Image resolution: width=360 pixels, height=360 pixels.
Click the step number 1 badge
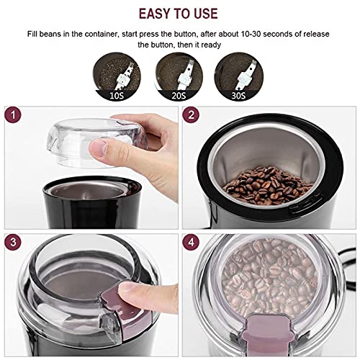tap(14, 115)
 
